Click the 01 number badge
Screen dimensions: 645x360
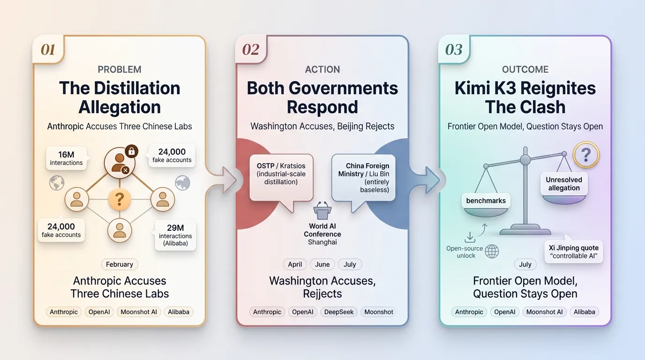pos(48,49)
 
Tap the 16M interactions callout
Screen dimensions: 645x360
pos(67,158)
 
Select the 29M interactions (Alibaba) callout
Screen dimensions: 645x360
pos(175,235)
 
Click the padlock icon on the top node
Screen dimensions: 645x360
pos(132,151)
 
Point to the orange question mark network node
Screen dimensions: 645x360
pos(120,199)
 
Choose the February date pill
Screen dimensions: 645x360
pos(120,264)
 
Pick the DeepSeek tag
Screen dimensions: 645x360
pos(339,312)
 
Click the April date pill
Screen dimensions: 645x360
pos(295,264)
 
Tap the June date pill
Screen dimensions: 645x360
pos(322,264)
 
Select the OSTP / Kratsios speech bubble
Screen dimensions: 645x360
pos(281,178)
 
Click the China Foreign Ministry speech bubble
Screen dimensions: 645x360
pos(363,178)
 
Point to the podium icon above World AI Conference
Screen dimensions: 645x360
pos(322,211)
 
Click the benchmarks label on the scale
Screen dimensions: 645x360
pos(486,201)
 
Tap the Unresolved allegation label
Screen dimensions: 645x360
pos(564,184)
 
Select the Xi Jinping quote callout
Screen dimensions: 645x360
pos(574,251)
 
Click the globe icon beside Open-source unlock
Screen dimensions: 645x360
pos(492,251)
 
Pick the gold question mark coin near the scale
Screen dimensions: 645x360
pos(586,155)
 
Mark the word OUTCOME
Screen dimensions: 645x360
pos(525,69)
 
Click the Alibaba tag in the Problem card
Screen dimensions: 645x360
pos(179,312)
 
